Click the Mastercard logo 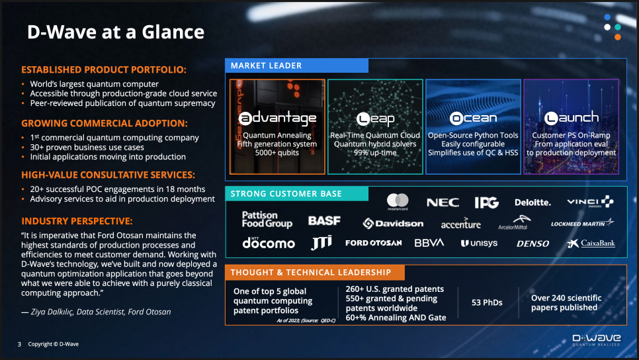[x=398, y=201]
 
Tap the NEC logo [x=443, y=202]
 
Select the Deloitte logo [x=532, y=202]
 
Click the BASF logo [x=324, y=220]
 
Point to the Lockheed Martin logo [x=582, y=223]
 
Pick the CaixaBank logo [x=591, y=244]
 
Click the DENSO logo [x=532, y=244]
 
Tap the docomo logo [x=269, y=243]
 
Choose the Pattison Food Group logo [x=267, y=219]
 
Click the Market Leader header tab [x=296, y=66]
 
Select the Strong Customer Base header [x=296, y=194]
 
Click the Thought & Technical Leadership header [x=315, y=273]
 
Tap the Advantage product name [x=277, y=118]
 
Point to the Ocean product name [x=473, y=118]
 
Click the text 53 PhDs [x=487, y=302]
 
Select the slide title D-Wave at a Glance [x=116, y=32]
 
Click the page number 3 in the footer [x=19, y=344]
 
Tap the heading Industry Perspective [x=77, y=221]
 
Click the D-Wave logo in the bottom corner [x=597, y=340]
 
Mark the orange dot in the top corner [x=618, y=37]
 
